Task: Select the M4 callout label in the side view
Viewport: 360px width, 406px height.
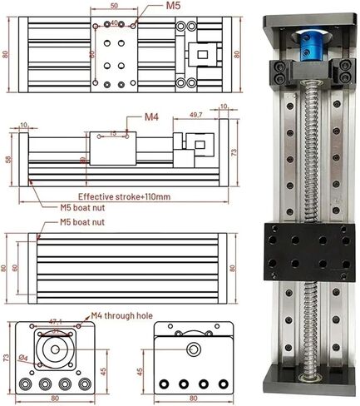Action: coord(150,116)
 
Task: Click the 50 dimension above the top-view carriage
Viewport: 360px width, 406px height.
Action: coord(112,6)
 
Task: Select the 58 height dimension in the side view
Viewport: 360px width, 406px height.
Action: coord(8,158)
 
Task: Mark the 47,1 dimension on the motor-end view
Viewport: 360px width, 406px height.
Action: coord(57,319)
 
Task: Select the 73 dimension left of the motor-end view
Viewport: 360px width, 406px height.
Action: coord(7,358)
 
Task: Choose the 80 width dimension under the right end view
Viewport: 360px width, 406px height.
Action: coord(193,399)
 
